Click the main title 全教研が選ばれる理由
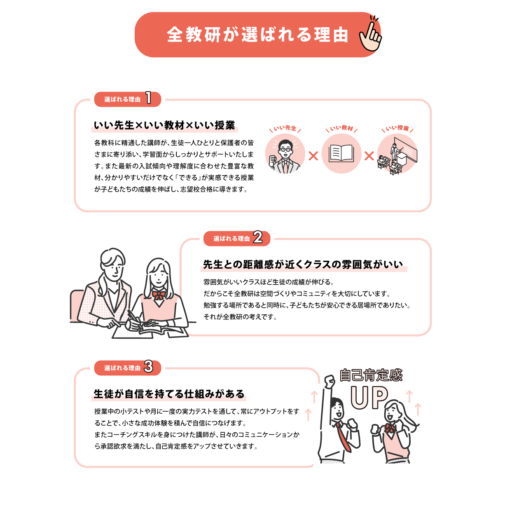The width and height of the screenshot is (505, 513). tap(257, 35)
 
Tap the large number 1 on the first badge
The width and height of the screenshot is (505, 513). tap(149, 98)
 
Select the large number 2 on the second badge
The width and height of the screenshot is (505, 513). tap(258, 237)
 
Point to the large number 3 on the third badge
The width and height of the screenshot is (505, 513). tap(149, 366)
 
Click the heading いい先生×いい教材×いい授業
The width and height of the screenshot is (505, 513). tap(164, 125)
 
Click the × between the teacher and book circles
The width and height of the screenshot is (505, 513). tap(313, 156)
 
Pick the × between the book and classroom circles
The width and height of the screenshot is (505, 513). tap(369, 156)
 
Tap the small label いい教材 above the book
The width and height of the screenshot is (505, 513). tap(341, 128)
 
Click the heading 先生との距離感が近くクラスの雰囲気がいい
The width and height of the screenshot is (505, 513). tap(303, 265)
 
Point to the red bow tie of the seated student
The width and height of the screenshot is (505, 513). tap(159, 295)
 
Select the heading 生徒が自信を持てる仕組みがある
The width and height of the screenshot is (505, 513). tap(169, 394)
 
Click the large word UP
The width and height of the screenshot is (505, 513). tap(369, 397)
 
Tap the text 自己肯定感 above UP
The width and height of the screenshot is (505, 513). tap(371, 375)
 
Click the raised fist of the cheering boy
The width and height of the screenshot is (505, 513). tap(330, 382)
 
